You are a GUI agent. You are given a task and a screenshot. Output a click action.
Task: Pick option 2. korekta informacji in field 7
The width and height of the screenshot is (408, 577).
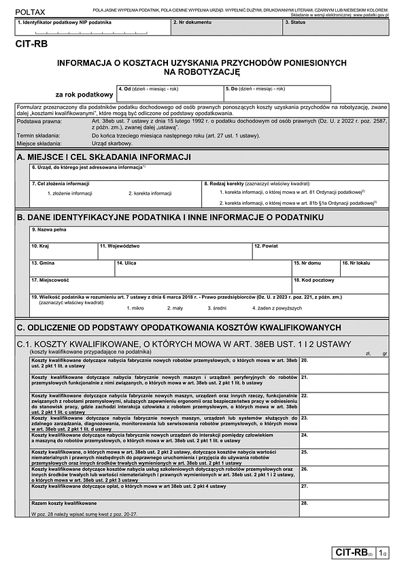pos(150,193)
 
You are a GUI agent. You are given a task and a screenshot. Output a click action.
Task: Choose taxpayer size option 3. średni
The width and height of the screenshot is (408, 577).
pos(220,308)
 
